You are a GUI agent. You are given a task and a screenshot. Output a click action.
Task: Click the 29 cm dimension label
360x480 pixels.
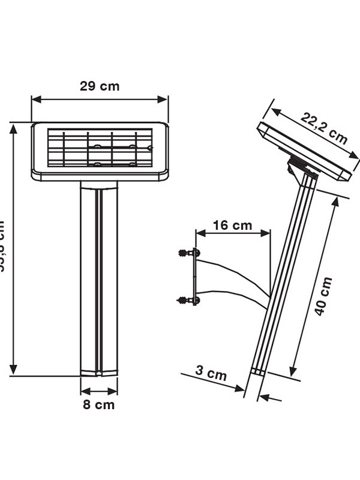pos(100,86)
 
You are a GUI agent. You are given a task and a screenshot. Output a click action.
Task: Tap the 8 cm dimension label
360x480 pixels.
pos(98,404)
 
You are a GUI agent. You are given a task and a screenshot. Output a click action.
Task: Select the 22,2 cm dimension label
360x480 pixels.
pos(324,129)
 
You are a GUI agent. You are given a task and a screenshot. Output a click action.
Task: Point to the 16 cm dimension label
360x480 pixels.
pos(232,226)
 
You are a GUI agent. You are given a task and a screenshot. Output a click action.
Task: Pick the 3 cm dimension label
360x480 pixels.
pos(211,373)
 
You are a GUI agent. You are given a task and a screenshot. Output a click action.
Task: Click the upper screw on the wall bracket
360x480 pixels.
pos(185,253)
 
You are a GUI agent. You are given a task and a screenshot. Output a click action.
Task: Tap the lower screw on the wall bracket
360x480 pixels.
pos(185,299)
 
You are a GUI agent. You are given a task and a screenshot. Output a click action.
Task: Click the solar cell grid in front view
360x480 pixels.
pos(100,148)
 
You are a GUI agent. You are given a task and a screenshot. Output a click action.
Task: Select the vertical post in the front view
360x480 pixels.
pos(99,276)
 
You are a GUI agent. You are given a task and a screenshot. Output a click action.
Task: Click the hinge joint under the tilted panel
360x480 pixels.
pos(298,167)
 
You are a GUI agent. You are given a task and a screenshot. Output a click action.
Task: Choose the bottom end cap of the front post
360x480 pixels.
pos(99,372)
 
